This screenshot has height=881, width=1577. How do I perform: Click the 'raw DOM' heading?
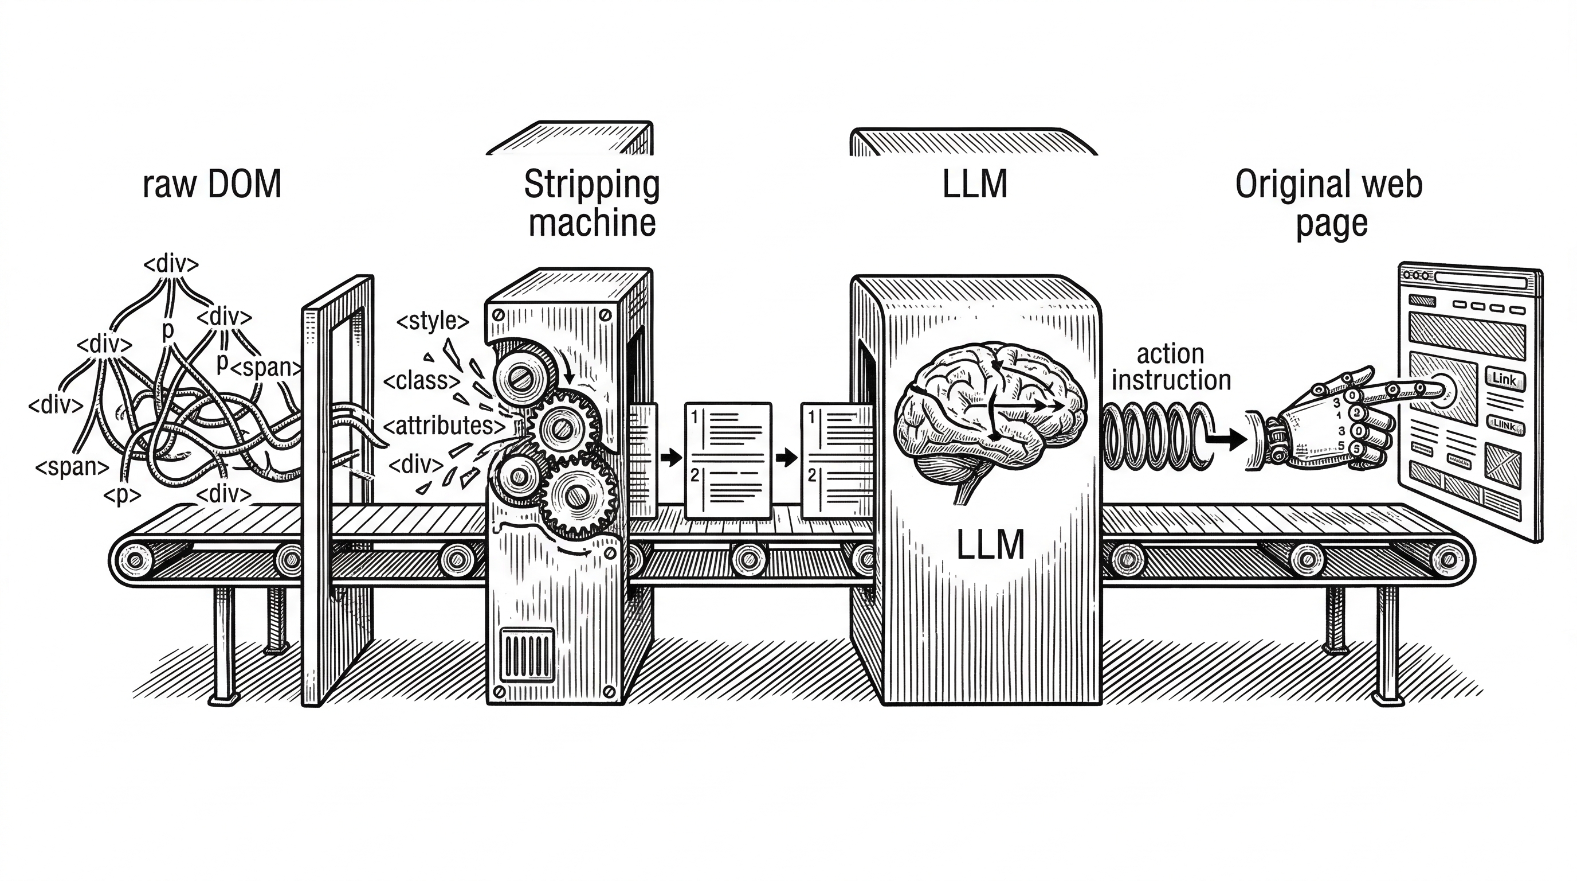coord(212,185)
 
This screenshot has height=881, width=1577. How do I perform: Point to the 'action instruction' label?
coord(1171,367)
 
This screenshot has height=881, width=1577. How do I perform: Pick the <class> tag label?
coord(422,381)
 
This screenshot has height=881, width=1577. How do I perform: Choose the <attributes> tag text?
coord(445,425)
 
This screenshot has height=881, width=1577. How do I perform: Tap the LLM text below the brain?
coord(990,545)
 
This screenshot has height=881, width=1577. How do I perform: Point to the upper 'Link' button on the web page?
coord(1504,379)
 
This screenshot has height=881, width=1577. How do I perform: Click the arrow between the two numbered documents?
coord(786,457)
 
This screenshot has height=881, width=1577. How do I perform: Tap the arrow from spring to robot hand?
coord(1230,438)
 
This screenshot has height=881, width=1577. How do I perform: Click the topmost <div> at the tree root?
coord(171,264)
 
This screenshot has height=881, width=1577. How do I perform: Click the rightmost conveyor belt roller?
coord(1447,559)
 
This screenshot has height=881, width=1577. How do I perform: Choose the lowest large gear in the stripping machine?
coord(576,497)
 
